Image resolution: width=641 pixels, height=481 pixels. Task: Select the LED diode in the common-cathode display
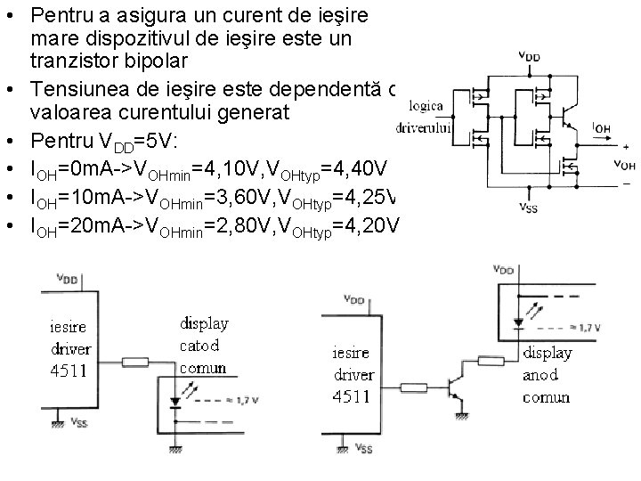[x=176, y=400]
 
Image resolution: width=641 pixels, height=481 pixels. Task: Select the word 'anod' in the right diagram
[x=540, y=374]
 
